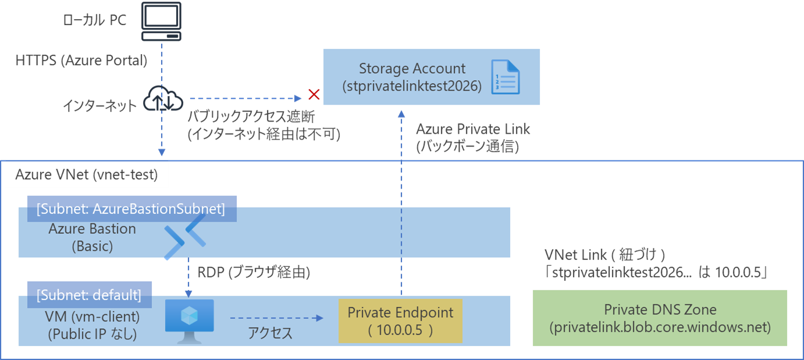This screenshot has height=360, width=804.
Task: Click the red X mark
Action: (314, 95)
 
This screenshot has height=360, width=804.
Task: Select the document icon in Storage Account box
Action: (504, 77)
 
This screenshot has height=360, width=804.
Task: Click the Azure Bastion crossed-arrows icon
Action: (185, 240)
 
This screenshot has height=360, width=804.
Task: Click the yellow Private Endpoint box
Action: (400, 321)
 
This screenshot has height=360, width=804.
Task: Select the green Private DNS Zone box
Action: (660, 318)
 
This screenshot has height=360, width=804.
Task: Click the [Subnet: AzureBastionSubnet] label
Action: (131, 209)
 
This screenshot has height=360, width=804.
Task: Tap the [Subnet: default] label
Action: (89, 295)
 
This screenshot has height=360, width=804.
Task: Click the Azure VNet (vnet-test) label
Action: (87, 174)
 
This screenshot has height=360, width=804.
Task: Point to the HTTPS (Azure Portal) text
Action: (81, 60)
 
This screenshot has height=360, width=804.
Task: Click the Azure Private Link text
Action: (473, 129)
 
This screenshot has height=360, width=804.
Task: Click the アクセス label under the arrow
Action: (270, 333)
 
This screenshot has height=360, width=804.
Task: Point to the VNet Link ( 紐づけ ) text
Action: (604, 254)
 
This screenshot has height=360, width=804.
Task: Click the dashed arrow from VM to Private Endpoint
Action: (276, 318)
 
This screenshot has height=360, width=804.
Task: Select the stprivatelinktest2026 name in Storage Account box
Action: (412, 86)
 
